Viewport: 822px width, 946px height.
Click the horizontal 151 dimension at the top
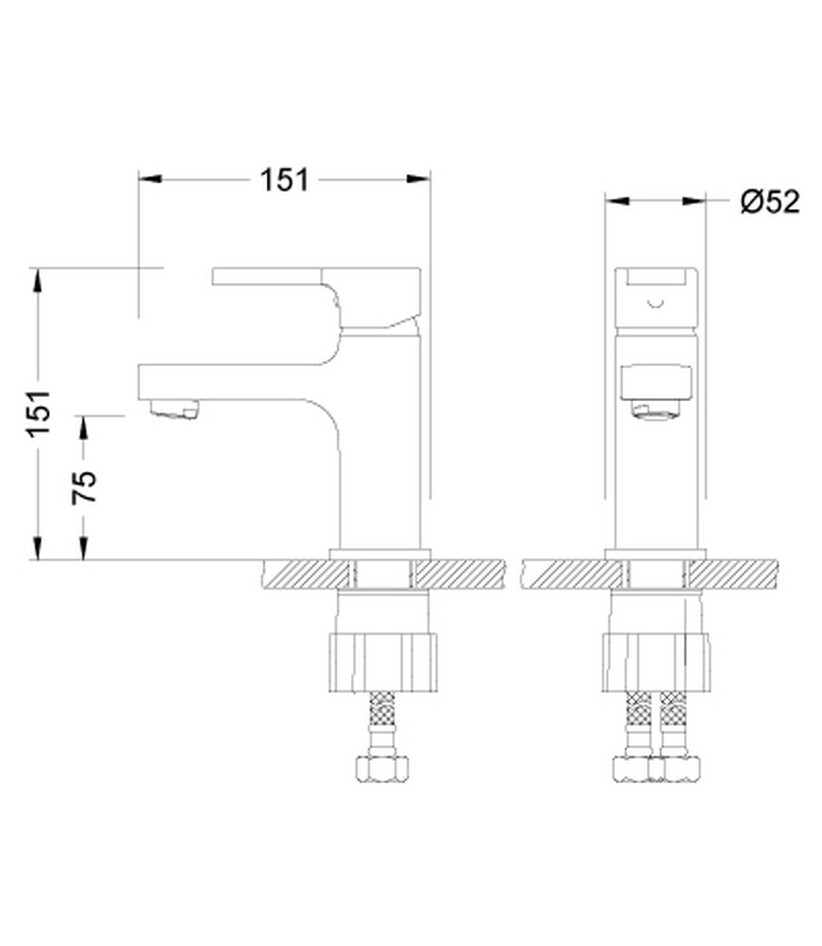click(x=284, y=179)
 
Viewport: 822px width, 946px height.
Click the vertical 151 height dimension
click(x=38, y=414)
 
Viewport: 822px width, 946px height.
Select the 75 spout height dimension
click(x=84, y=487)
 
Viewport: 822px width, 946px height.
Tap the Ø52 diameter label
click(x=770, y=201)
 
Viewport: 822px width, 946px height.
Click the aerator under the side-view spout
click(x=174, y=410)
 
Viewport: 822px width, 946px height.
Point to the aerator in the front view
click(x=656, y=411)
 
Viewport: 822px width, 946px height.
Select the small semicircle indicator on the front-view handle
click(x=656, y=304)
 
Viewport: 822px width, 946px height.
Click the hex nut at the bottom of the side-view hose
click(x=382, y=768)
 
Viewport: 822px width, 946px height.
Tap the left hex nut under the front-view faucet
click(x=631, y=768)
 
